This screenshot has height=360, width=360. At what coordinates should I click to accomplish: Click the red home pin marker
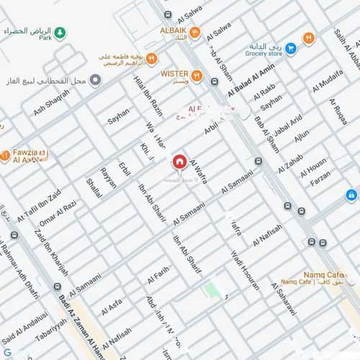point(179,161)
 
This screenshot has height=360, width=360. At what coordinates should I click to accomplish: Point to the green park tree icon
point(60,32)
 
